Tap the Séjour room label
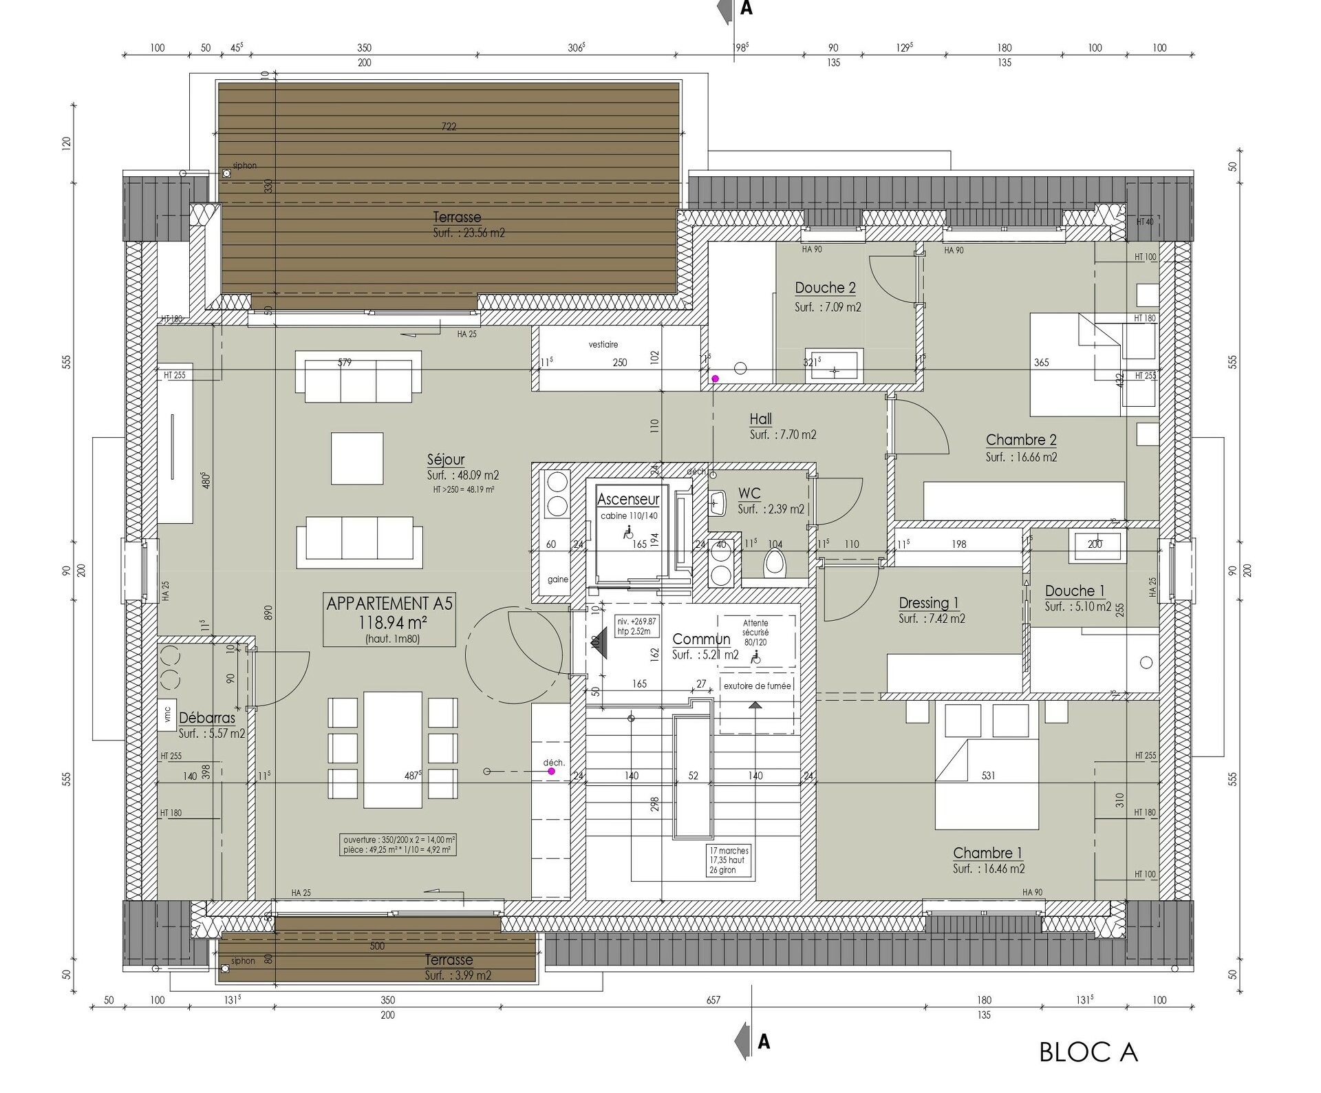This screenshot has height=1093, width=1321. click(x=446, y=459)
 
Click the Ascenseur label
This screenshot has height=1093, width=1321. click(x=627, y=499)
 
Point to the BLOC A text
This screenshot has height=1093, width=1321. click(x=1088, y=1052)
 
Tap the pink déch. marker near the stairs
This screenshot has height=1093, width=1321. click(x=551, y=772)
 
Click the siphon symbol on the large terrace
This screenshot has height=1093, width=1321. click(x=226, y=174)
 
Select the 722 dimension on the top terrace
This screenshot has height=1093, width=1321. click(x=449, y=127)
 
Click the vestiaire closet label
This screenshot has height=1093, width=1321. click(x=603, y=344)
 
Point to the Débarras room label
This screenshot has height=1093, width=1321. click(x=207, y=718)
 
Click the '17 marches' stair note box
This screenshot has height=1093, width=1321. click(x=729, y=860)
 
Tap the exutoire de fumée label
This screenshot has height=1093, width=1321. click(x=758, y=686)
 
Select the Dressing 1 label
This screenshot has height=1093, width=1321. click(x=928, y=603)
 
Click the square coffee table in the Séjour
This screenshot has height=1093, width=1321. click(x=357, y=458)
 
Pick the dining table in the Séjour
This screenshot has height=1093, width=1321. click(x=393, y=750)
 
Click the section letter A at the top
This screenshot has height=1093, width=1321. click(x=746, y=9)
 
